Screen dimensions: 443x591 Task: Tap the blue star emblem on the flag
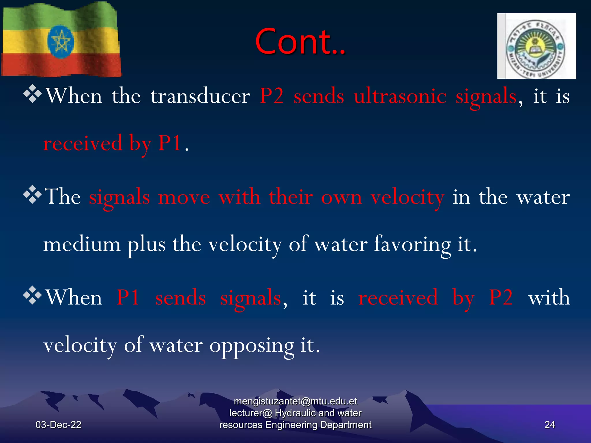pyautogui.click(x=61, y=42)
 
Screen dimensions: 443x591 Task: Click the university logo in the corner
pyautogui.click(x=536, y=46)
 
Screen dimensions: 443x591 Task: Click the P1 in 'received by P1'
pyautogui.click(x=170, y=143)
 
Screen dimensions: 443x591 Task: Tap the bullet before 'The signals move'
pyautogui.click(x=32, y=195)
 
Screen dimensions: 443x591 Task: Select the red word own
pyautogui.click(x=341, y=197)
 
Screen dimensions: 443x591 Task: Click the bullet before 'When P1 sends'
pyautogui.click(x=32, y=295)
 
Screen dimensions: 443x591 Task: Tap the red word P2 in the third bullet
pyautogui.click(x=501, y=297)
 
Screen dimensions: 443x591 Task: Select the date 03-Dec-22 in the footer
pyautogui.click(x=58, y=425)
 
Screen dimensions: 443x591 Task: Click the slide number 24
pyautogui.click(x=549, y=425)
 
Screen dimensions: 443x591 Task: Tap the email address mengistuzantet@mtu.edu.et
pyautogui.click(x=295, y=401)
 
